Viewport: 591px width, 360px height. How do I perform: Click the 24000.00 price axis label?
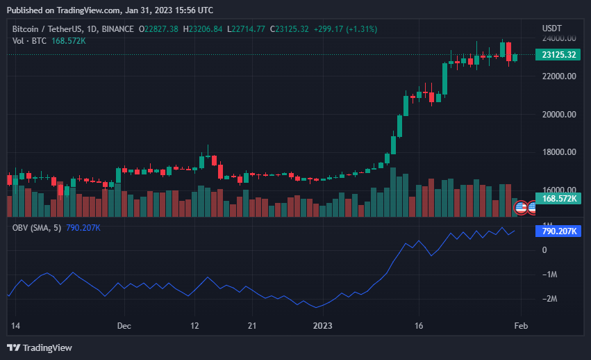pos(558,38)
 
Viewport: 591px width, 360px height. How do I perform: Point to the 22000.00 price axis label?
pos(558,76)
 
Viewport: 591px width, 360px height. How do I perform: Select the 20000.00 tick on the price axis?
pos(558,115)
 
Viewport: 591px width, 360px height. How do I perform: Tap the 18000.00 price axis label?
pos(558,152)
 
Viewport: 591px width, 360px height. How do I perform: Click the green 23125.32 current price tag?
pos(558,55)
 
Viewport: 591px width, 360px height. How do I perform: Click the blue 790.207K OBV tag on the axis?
pos(558,231)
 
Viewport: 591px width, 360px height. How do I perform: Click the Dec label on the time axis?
pos(124,325)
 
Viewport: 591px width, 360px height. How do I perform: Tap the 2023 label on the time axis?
pos(324,325)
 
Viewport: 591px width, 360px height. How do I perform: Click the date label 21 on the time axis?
pos(253,325)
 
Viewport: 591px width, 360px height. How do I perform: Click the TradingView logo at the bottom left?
pos(40,347)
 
